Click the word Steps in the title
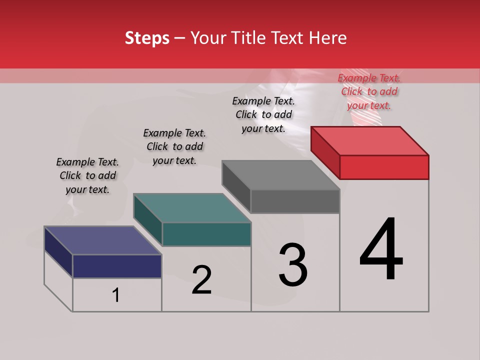click(x=147, y=38)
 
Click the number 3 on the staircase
click(x=293, y=265)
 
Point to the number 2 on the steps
click(x=202, y=280)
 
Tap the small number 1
click(x=116, y=295)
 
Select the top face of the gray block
click(x=281, y=175)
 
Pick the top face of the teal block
click(x=192, y=208)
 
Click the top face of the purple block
click(x=103, y=240)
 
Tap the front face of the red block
click(x=384, y=167)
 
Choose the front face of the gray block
click(x=295, y=201)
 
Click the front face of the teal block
click(x=206, y=234)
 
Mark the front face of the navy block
click(x=117, y=266)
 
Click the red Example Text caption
click(x=369, y=91)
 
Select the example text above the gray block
click(x=263, y=114)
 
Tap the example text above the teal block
click(x=174, y=146)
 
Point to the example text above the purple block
click(x=87, y=175)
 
